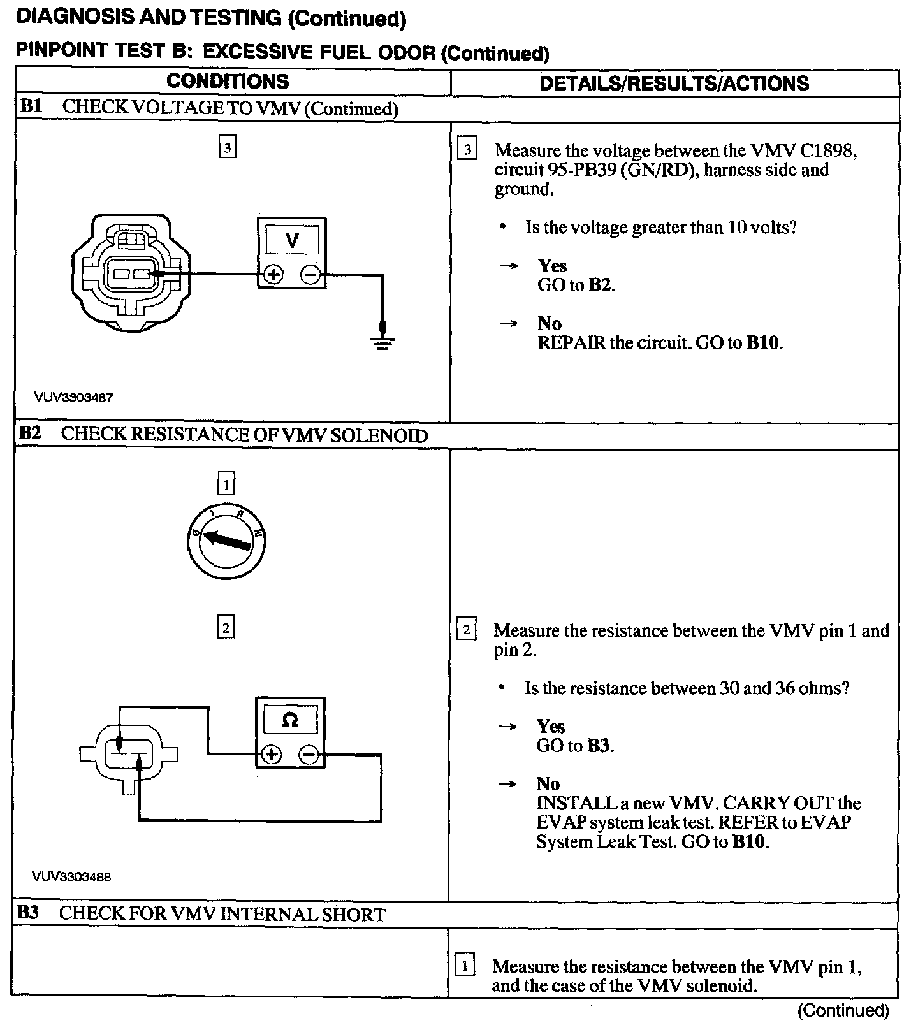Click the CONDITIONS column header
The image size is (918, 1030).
(x=228, y=82)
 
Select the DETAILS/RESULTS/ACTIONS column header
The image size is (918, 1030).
(x=674, y=83)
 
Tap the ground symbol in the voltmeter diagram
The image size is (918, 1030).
(x=382, y=342)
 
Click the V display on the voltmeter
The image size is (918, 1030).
(x=292, y=241)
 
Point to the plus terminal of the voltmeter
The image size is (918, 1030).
(x=273, y=275)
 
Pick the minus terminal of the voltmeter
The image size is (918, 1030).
(x=310, y=275)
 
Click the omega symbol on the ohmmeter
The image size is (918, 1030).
(x=289, y=720)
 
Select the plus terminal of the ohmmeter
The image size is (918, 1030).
(x=272, y=755)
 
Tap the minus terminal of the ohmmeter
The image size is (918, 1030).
(x=309, y=755)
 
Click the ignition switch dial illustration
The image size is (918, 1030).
(x=226, y=542)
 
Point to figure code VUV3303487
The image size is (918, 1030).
(x=74, y=397)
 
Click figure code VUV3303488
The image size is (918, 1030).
(x=72, y=876)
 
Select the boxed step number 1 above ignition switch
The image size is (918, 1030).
(x=226, y=485)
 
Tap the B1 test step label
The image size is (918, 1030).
(x=31, y=106)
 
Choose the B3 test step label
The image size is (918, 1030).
(x=28, y=913)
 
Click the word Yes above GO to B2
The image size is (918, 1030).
(x=552, y=265)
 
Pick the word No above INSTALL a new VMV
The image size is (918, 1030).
(x=548, y=783)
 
